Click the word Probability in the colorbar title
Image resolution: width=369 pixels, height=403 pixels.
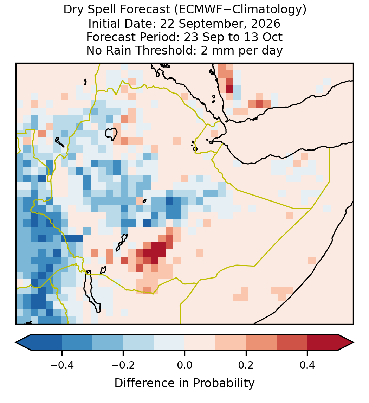(x=224, y=383)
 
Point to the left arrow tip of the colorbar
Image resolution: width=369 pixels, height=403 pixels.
(x=16, y=343)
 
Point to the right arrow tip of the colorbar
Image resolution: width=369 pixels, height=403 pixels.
(x=354, y=343)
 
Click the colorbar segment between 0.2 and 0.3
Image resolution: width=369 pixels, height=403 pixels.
(x=261, y=343)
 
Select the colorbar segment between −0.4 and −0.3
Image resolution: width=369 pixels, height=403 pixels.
(x=77, y=343)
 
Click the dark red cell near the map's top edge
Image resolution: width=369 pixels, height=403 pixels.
(x=229, y=89)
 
